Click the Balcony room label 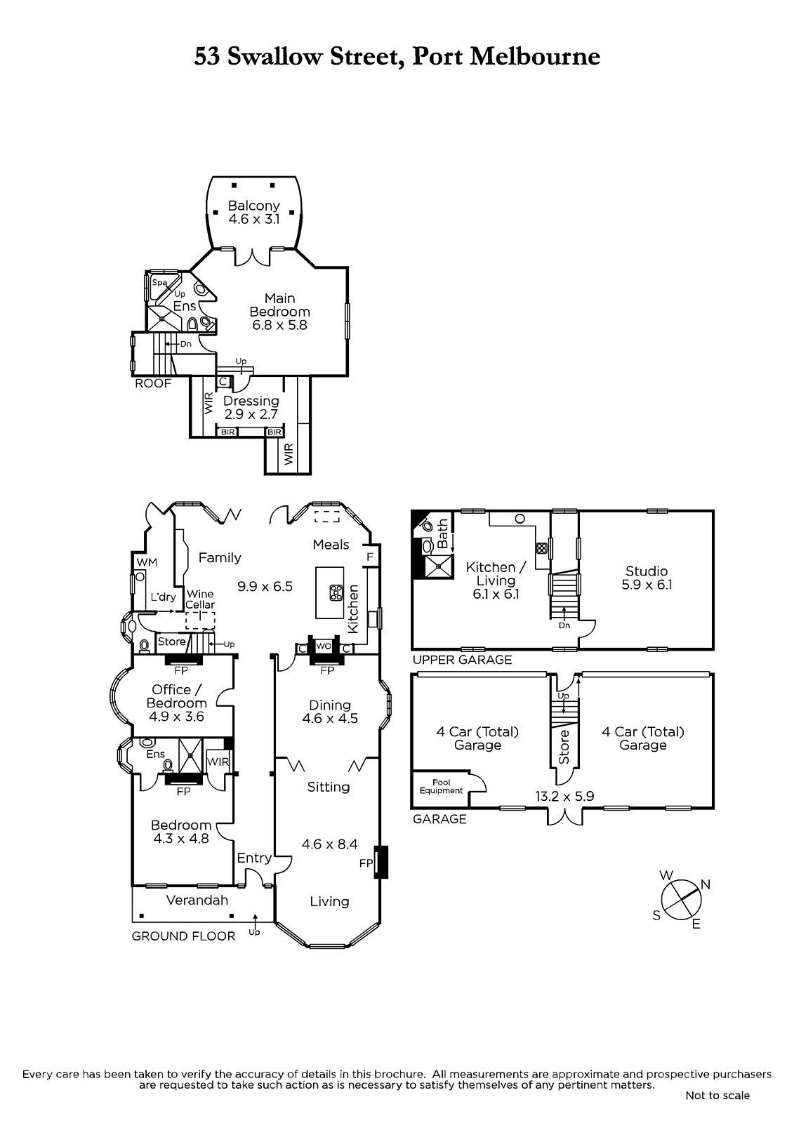(x=254, y=206)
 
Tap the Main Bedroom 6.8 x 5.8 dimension (x=279, y=325)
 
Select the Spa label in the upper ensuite (x=159, y=283)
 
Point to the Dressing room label (x=251, y=401)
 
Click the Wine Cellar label (x=200, y=599)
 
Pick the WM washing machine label (x=147, y=562)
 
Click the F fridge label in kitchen (x=370, y=557)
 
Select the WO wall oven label (x=324, y=646)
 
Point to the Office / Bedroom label (x=176, y=696)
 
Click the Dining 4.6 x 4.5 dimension (x=330, y=719)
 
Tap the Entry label (x=254, y=858)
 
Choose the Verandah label (x=197, y=900)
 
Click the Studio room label (x=647, y=571)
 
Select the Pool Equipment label (x=442, y=787)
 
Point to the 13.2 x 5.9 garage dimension (x=564, y=796)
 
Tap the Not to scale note (x=717, y=1096)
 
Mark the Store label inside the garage (x=564, y=747)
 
